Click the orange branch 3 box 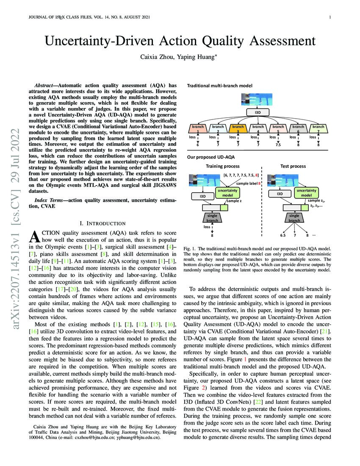coord(238,128)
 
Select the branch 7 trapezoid coord(318,128)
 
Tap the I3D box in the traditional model coord(258,112)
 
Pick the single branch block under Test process coord(294,218)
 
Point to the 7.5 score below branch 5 coord(278,145)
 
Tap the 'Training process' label coord(223,166)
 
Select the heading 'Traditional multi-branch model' coord(220,86)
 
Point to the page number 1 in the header coord(330,17)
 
